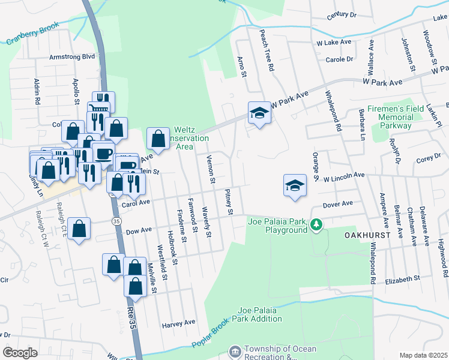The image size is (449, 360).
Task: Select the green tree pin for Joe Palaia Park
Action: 316,225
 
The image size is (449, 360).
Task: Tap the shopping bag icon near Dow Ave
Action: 79,229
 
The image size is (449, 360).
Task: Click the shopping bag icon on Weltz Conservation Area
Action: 158,139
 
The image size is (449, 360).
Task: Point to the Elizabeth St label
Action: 402,280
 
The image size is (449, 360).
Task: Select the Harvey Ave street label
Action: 179,323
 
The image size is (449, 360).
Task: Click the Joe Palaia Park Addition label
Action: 260,314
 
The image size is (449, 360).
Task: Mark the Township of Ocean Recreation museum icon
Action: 235,351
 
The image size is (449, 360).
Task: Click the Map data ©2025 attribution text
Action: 423,355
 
